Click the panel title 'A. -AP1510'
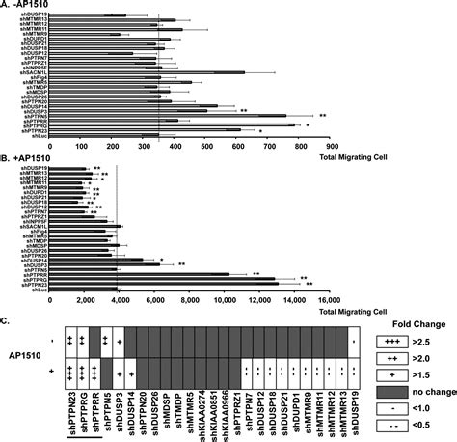25,5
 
